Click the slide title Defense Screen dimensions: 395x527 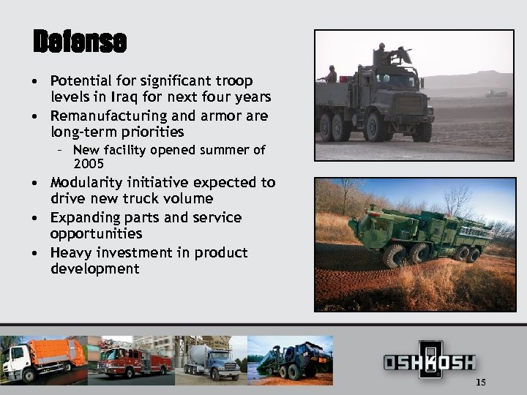click(80, 42)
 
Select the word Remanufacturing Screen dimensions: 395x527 click(104, 116)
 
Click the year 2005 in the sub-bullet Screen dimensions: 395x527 click(89, 164)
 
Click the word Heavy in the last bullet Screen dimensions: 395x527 click(70, 252)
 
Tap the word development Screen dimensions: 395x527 click(94, 269)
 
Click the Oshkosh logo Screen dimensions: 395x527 click(430, 361)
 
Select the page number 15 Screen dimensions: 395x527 click(481, 382)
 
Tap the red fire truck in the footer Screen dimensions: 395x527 click(132, 358)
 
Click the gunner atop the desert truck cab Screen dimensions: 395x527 click(383, 56)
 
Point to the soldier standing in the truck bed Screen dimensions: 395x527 click(332, 74)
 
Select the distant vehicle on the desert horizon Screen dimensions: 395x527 click(496, 94)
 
